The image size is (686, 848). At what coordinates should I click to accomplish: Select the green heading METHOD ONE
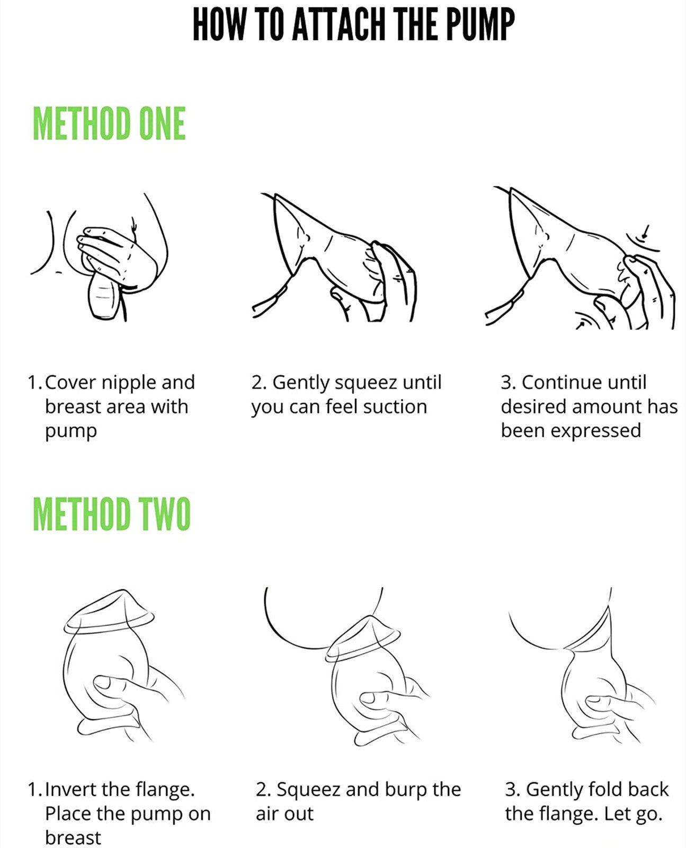pos(109,123)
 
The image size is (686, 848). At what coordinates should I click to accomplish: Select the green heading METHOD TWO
pos(112,514)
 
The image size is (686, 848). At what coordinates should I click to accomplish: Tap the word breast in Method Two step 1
pos(73,838)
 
